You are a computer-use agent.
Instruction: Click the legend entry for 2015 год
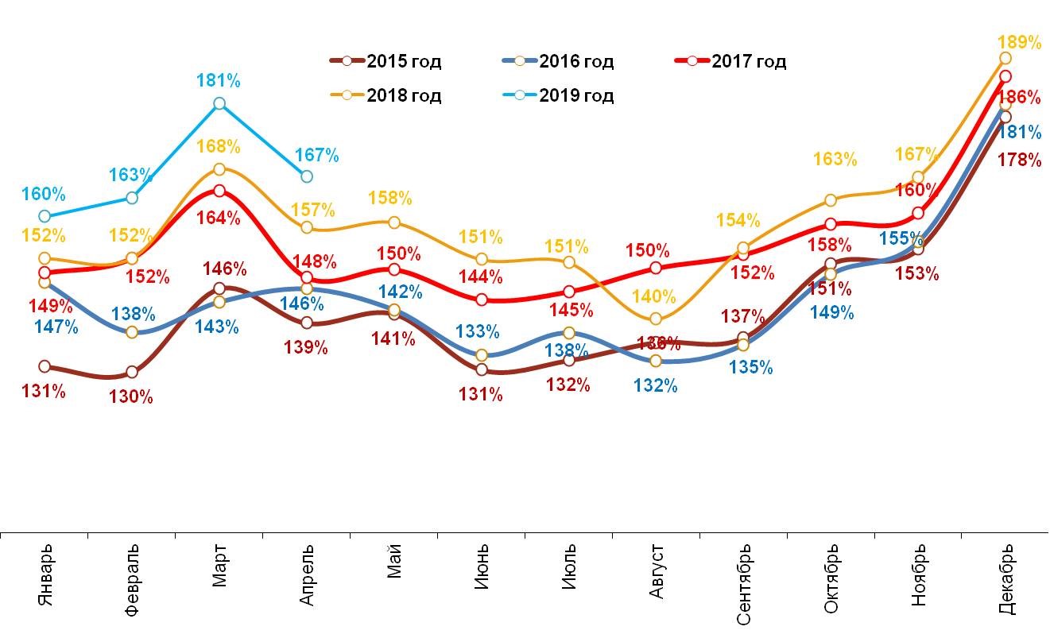[x=386, y=61]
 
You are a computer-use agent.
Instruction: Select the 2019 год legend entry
[x=559, y=95]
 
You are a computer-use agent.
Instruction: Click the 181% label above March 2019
[x=219, y=80]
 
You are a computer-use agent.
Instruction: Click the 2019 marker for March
[x=219, y=103]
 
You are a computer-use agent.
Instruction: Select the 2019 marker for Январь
[x=45, y=216]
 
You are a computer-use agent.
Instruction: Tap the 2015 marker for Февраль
[x=132, y=372]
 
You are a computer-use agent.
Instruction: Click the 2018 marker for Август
[x=656, y=319]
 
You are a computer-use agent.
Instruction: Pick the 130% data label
[x=131, y=396]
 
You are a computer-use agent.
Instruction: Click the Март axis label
[x=219, y=566]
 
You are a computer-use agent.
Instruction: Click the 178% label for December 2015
[x=1019, y=160]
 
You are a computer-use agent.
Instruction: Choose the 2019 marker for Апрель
[x=307, y=176]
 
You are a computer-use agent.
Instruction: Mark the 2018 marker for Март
[x=219, y=168]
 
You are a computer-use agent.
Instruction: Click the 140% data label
[x=654, y=297]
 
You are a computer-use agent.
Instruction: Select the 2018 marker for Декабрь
[x=1005, y=58]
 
